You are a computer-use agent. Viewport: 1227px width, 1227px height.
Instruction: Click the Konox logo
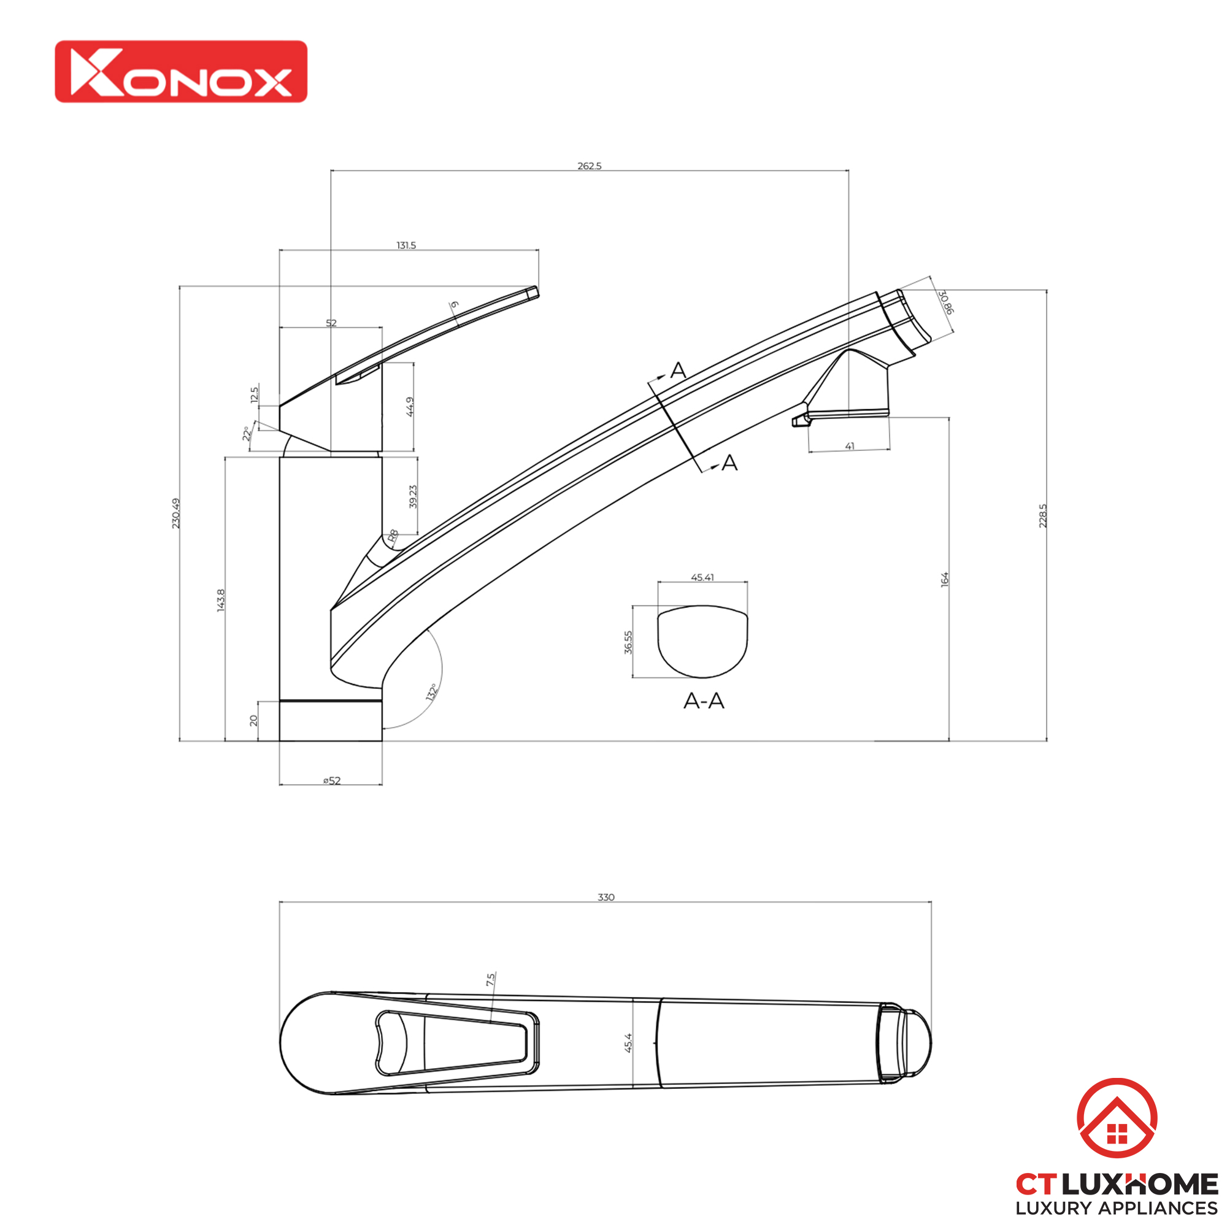click(x=181, y=72)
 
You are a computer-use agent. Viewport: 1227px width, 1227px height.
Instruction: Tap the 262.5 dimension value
click(x=589, y=166)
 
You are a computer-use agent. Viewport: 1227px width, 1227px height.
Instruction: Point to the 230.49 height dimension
click(x=176, y=513)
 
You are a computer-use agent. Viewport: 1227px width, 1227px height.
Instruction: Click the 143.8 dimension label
click(x=221, y=600)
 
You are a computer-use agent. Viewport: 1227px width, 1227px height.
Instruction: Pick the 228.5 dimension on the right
click(x=1042, y=516)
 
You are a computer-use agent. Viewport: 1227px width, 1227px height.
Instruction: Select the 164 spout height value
click(x=944, y=579)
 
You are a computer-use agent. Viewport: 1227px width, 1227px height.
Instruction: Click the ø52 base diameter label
click(x=331, y=781)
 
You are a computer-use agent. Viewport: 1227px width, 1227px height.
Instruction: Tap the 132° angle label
click(x=432, y=692)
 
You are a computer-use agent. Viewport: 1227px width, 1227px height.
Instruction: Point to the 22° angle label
click(x=247, y=434)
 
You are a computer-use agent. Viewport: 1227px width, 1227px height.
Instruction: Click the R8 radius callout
click(x=393, y=536)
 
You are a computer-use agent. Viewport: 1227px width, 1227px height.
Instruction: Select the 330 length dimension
click(x=606, y=898)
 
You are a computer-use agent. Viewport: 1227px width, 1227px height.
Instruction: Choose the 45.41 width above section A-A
click(x=702, y=577)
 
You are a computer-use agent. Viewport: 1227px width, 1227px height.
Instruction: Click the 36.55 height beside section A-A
click(x=628, y=642)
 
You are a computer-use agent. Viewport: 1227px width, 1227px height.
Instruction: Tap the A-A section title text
click(x=704, y=701)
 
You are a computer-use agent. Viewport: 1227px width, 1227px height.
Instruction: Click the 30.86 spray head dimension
click(x=945, y=302)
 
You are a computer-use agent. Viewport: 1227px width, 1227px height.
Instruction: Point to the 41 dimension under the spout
click(x=850, y=447)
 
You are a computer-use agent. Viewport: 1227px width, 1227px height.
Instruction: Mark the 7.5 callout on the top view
click(x=490, y=979)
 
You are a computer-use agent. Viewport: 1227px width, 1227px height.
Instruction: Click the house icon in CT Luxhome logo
click(x=1117, y=1118)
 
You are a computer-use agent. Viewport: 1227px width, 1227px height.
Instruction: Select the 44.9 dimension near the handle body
click(x=410, y=407)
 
